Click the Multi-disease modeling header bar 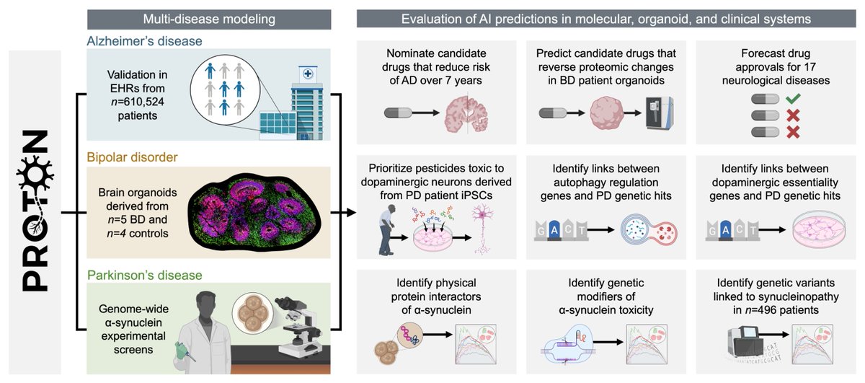(209, 19)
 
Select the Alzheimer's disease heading (144, 41)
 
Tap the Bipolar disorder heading (132, 157)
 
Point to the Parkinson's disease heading (144, 276)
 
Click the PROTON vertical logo (35, 211)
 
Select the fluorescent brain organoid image (254, 212)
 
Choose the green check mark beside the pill (793, 99)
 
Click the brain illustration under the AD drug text (467, 114)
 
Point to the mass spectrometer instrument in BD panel (660, 113)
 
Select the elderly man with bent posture (388, 230)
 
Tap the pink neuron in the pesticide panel (482, 229)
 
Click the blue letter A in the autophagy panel (554, 231)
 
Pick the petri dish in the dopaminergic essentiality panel (819, 229)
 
